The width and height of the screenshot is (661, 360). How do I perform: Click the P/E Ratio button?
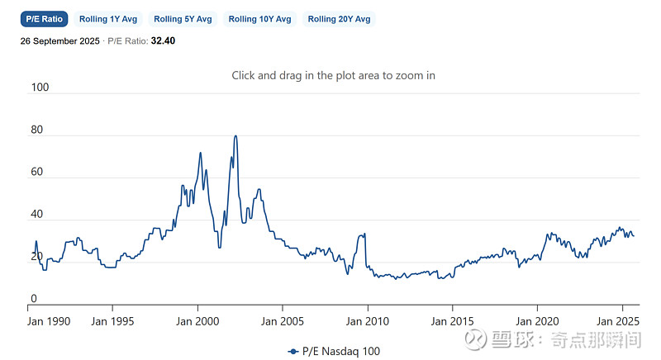point(44,19)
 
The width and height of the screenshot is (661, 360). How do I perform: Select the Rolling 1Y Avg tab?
point(107,19)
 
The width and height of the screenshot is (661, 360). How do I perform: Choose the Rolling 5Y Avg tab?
point(183,19)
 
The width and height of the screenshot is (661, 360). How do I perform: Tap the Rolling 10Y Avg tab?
point(259,19)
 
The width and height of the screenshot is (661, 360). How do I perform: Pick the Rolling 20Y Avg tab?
point(339,19)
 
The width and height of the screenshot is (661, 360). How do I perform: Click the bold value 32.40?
point(163,40)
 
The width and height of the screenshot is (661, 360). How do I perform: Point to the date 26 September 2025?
point(60,40)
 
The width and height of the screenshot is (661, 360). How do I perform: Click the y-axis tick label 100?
point(39,87)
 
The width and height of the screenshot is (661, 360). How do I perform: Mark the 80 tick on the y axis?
point(36,130)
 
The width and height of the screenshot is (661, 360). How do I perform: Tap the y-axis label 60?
point(36,173)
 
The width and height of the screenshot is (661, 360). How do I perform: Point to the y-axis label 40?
point(36,215)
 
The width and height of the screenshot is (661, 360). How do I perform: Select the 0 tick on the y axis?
point(33,299)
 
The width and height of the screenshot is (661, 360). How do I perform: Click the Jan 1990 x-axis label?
point(48,320)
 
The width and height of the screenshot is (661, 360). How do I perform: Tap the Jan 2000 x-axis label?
point(197,320)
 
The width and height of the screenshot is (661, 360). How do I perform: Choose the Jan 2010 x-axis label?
point(367,320)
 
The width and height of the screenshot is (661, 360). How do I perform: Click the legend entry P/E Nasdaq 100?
point(335,351)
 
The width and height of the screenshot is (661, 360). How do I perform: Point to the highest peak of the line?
point(235,136)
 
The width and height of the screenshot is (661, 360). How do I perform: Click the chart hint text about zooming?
point(333,75)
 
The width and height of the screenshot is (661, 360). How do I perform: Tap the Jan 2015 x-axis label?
point(452,320)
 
